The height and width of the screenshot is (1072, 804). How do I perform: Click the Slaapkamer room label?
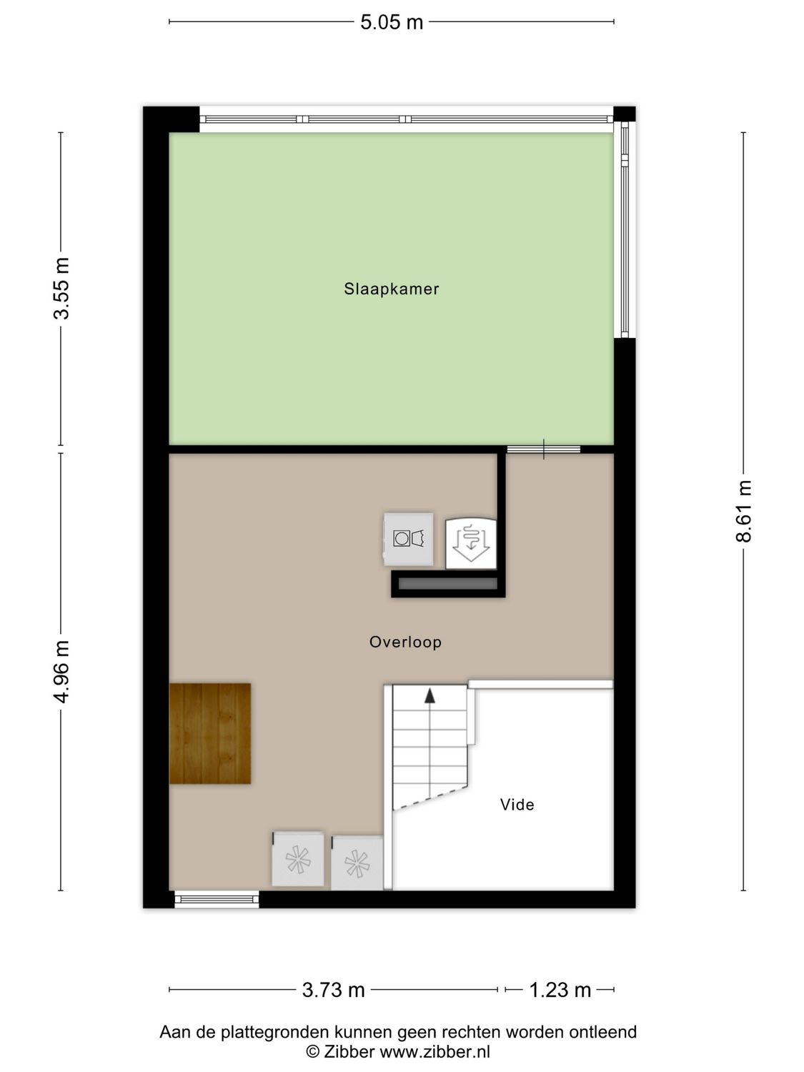point(391,289)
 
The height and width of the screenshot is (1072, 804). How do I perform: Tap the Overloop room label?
point(405,642)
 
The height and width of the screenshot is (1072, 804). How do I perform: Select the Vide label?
point(517,805)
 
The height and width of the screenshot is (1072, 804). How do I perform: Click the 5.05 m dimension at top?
point(391,22)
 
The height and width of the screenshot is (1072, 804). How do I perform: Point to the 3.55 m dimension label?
point(63,289)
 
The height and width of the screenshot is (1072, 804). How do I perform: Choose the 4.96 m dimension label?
point(63,672)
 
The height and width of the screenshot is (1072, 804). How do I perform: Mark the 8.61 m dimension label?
point(744,511)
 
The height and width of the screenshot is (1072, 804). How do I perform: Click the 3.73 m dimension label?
point(333,990)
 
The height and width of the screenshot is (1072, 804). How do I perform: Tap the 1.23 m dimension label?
point(560,990)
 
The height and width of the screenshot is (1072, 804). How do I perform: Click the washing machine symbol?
point(408,538)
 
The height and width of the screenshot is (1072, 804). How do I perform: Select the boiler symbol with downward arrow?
point(470,542)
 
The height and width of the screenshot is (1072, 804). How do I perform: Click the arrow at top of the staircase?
point(430,695)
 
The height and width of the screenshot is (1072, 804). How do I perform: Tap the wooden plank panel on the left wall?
point(210,733)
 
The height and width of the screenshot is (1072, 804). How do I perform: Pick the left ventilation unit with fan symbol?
point(298,859)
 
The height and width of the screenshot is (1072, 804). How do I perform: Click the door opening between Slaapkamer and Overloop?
point(543,449)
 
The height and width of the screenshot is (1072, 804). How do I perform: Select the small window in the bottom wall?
point(217,899)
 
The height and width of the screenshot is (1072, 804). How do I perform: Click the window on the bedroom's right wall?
point(624,229)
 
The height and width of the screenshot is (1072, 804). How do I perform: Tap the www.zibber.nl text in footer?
point(435,1051)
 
